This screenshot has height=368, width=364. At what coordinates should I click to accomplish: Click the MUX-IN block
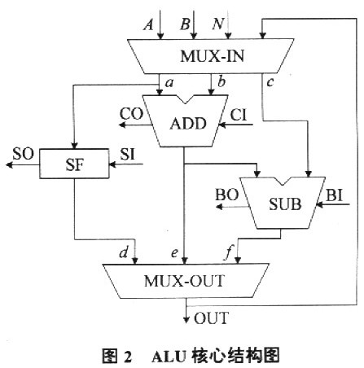tap(211, 56)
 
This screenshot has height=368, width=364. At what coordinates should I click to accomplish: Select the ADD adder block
tap(186, 121)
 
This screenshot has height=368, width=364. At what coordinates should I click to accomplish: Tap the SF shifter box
tap(74, 164)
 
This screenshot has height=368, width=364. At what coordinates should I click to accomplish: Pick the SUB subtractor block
tap(283, 203)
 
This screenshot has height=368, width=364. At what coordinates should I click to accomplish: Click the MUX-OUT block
tap(186, 281)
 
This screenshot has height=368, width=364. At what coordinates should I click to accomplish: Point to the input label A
tap(148, 25)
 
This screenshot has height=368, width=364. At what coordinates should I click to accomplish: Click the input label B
tap(185, 24)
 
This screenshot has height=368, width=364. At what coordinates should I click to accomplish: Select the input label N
tap(217, 24)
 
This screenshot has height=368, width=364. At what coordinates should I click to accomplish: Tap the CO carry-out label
tap(131, 114)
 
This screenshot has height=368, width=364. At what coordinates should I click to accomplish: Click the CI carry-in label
tap(239, 115)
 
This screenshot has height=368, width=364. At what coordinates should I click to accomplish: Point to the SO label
tap(24, 154)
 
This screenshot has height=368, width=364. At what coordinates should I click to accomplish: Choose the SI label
tap(127, 155)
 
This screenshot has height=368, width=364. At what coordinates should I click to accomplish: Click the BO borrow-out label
tap(227, 195)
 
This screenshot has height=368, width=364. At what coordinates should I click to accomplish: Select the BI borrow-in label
tap(334, 195)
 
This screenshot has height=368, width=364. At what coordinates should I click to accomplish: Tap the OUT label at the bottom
tap(211, 318)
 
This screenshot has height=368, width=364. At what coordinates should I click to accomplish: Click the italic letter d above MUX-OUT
tap(124, 252)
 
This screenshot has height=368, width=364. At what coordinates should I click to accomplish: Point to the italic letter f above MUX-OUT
tap(228, 253)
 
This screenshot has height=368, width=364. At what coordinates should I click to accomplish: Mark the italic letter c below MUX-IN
tap(270, 82)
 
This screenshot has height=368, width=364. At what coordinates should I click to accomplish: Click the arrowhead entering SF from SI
tap(112, 164)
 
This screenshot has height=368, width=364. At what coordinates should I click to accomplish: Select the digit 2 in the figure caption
tap(128, 357)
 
